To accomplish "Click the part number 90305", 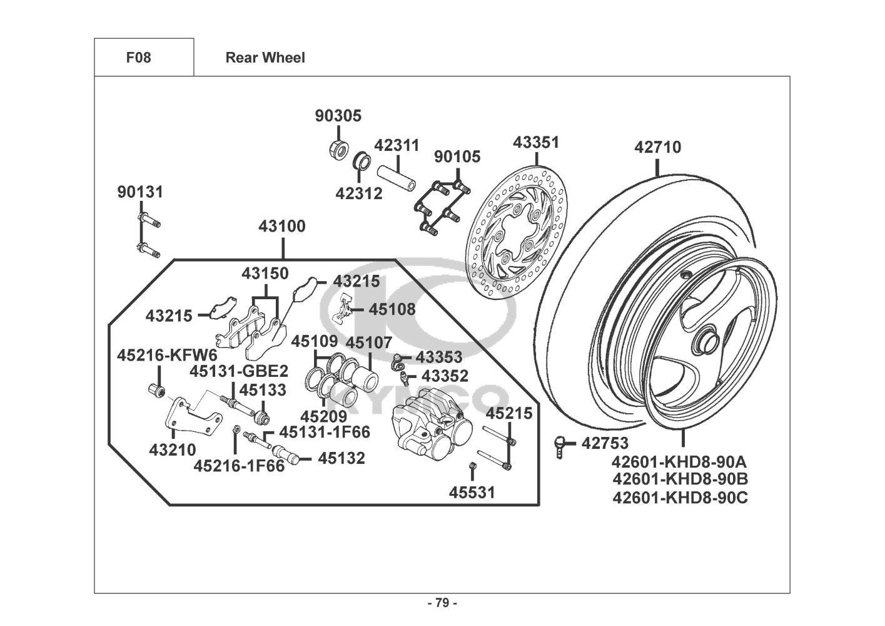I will [338, 116].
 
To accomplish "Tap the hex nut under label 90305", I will [338, 150].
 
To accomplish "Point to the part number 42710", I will [657, 148].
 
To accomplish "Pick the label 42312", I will [358, 193].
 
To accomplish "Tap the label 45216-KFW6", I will [156, 356].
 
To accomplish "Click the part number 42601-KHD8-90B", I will [680, 480].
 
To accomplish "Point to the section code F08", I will [138, 58].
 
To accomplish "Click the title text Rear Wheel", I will [265, 58].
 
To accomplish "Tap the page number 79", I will [442, 603].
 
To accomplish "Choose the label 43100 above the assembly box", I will [282, 227].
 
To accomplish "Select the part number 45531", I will [472, 493].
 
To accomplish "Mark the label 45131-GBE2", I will [239, 371].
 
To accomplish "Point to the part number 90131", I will [140, 192].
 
